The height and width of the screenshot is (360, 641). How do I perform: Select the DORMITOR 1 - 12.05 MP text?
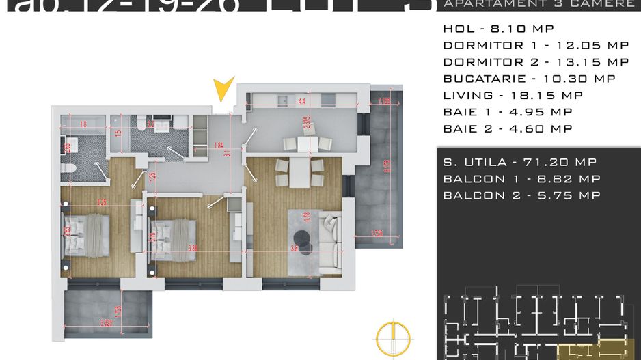536,46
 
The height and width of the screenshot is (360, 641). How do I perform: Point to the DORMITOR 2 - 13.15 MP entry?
536,62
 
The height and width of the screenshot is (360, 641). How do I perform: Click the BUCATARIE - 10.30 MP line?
529,79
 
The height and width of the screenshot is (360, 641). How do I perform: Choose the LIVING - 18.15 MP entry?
513,96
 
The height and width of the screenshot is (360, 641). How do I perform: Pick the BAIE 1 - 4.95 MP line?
508,112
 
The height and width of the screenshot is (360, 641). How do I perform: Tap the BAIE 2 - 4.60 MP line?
508,128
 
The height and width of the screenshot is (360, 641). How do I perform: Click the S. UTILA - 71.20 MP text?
519,162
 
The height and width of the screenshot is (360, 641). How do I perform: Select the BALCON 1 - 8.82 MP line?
521,179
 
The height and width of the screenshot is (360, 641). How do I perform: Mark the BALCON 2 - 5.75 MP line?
521,195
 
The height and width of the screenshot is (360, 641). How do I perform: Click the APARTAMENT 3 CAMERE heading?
538,4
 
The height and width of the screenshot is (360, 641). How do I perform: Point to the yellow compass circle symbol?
394,337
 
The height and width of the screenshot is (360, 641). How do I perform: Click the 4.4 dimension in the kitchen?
302,102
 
